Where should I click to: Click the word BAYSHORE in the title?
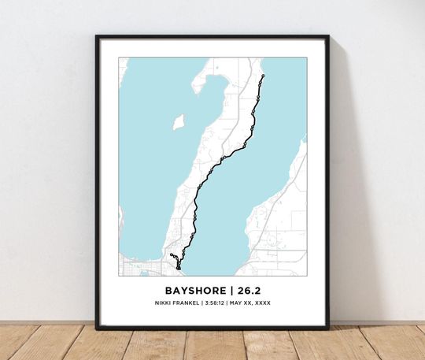click(192, 288)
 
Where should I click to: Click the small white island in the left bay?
click(179, 122)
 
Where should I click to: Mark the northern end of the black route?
click(263, 76)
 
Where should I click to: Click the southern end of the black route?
click(179, 269)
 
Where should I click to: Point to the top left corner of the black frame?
click(97, 36)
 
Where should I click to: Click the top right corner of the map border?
click(306, 58)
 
